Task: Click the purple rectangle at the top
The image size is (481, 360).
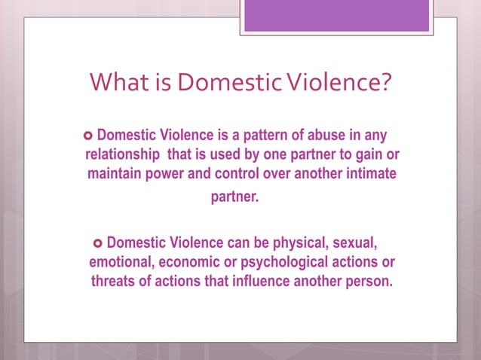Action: point(336,16)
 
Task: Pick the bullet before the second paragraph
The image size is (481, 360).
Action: point(96,244)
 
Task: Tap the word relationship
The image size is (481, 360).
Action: point(119,155)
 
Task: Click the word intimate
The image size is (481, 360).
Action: point(368,174)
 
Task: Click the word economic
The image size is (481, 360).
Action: point(198,263)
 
